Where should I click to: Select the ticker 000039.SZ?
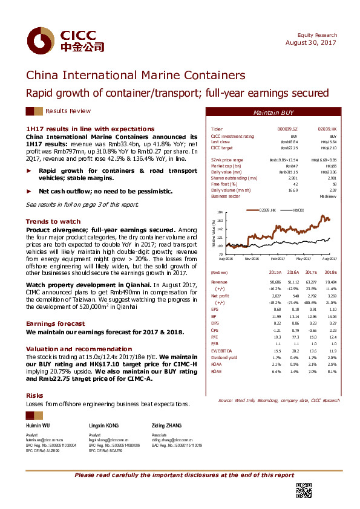click(x=287, y=129)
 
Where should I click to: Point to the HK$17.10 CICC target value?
click(x=328, y=148)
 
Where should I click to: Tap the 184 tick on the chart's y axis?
click(x=220, y=212)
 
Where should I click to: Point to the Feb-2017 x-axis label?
click(x=277, y=258)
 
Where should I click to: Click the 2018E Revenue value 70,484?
click(x=329, y=282)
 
